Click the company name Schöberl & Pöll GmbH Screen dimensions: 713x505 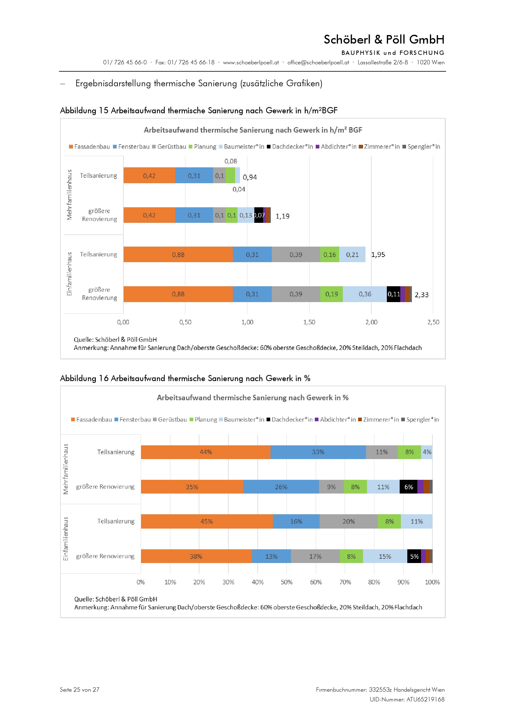[384, 40]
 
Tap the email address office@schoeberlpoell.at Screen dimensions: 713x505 [318, 62]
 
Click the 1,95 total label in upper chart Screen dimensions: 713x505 [378, 255]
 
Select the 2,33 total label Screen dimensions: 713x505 [421, 295]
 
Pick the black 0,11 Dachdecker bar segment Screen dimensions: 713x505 [393, 294]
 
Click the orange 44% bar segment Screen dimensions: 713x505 [205, 452]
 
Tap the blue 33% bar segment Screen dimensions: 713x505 [318, 452]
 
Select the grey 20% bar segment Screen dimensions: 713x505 [349, 521]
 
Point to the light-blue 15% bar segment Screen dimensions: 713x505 [385, 557]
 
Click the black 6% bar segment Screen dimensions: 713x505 [408, 487]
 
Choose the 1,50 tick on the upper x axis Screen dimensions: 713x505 [309, 322]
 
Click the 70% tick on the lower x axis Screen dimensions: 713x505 [345, 582]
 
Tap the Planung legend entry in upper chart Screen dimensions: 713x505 [202, 147]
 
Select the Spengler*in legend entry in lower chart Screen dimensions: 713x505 [420, 419]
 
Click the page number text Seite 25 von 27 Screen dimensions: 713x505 [80, 690]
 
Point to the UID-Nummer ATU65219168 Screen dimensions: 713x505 [407, 699]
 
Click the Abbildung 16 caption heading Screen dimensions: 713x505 [185, 378]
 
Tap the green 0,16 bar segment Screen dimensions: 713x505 [330, 255]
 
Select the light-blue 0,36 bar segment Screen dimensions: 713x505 [365, 294]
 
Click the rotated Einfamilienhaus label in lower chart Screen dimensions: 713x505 [66, 539]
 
